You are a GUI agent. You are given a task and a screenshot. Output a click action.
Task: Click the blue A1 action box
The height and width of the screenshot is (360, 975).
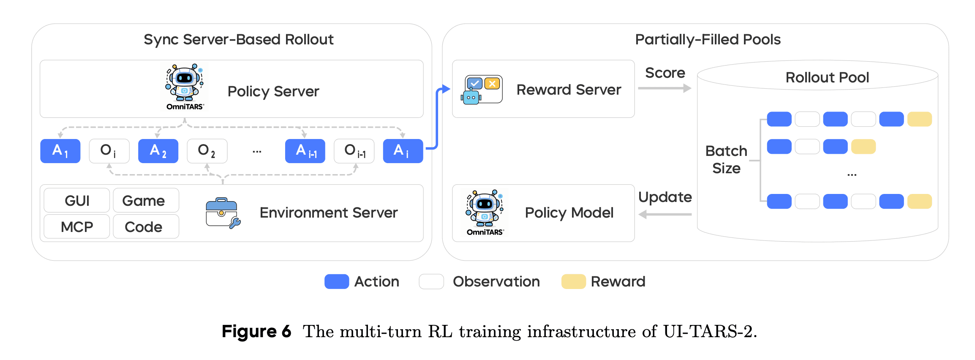[60, 151]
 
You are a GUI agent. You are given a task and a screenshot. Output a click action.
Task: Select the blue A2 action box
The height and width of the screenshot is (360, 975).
[158, 151]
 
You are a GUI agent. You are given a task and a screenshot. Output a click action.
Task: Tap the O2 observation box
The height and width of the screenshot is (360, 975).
[207, 151]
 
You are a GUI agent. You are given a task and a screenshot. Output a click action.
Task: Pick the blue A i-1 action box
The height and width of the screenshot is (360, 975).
[305, 151]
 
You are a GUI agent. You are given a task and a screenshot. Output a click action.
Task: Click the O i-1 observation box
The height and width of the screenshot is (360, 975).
[354, 151]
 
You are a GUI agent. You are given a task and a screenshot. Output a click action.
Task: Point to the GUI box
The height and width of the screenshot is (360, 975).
[77, 201]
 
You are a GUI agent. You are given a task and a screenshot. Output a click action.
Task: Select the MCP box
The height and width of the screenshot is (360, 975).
[77, 227]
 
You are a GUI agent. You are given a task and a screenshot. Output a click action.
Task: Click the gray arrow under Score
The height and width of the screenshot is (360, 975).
[664, 88]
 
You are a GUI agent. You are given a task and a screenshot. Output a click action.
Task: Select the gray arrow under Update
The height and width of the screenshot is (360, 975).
[665, 215]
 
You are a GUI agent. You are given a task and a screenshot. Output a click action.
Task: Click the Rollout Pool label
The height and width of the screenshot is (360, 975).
[827, 78]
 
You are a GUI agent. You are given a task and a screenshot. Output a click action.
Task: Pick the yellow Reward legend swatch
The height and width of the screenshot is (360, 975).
[573, 281]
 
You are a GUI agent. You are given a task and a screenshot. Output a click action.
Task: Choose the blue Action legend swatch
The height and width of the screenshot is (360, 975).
[336, 281]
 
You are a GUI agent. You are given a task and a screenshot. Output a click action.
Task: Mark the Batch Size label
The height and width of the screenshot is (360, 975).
[726, 160]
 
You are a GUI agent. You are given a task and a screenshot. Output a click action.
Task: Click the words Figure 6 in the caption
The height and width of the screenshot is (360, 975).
[256, 331]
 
